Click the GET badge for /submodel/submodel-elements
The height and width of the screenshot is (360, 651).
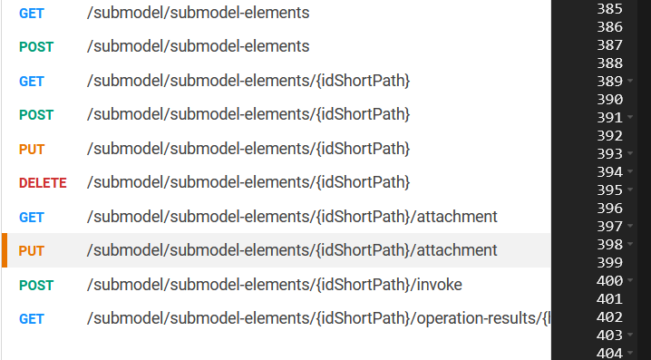32,14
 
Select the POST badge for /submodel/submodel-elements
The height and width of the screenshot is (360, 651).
36,47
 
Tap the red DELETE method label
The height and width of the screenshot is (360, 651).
43,183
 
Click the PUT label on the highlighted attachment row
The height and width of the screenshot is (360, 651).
32,250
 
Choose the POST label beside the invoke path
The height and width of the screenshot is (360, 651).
36,286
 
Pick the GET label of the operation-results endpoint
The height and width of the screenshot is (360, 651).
32,319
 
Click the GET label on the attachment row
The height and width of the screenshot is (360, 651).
32,218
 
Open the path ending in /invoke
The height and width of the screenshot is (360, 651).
274,285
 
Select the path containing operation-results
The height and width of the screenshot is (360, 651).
317,319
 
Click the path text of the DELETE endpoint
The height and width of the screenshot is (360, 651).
248,182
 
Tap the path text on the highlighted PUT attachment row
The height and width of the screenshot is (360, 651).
292,250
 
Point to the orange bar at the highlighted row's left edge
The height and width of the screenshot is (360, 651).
5,250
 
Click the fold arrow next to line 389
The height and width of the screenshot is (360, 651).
630,82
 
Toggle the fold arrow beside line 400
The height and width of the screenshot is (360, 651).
630,281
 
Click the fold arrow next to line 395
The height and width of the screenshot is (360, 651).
630,190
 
